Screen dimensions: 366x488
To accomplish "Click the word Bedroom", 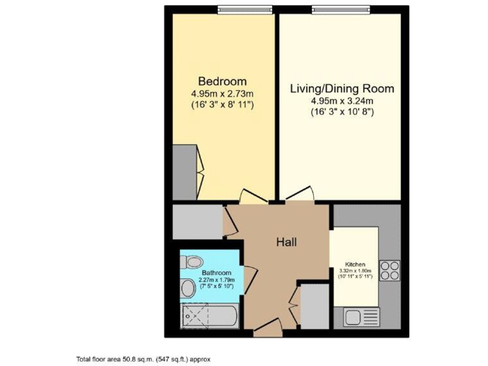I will click(222, 81).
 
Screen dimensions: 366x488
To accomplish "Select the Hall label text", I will click(287, 241).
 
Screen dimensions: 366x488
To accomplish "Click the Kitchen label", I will click(355, 264).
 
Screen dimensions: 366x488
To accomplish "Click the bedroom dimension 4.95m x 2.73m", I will click(222, 93).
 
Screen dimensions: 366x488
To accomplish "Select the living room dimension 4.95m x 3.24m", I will click(342, 100).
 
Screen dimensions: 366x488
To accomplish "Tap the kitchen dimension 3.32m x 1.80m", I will click(355, 271).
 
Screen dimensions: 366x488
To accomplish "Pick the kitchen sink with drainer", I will click(361, 316).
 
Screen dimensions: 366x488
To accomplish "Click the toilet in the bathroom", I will click(192, 261).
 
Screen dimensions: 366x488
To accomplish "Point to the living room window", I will click(341, 9).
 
